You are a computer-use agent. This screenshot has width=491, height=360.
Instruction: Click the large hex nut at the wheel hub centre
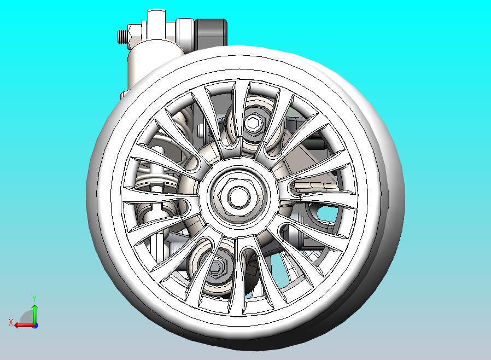tap(239, 196)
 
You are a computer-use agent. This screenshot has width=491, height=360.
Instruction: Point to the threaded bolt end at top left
tap(122, 37)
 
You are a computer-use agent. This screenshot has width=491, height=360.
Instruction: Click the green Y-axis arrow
tap(34, 313)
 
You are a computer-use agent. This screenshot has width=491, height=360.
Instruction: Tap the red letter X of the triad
tap(11, 322)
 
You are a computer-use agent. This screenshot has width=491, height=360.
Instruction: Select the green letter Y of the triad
tap(34, 298)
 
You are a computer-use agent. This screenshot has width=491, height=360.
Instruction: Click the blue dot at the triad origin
tap(35, 326)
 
